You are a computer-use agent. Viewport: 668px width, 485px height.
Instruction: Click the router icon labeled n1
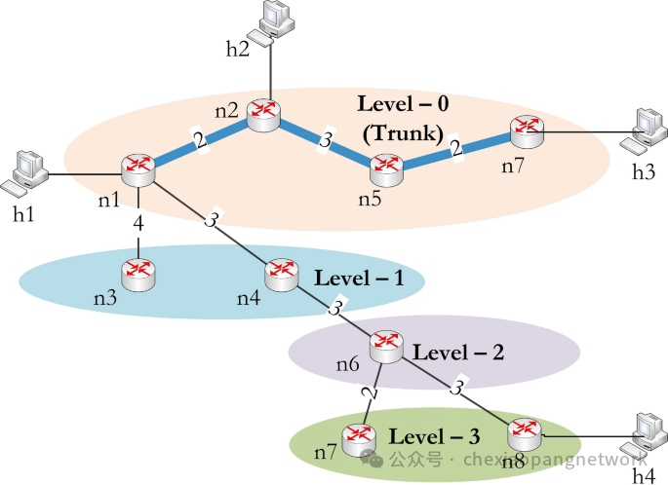[138, 169]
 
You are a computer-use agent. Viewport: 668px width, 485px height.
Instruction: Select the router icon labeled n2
[263, 116]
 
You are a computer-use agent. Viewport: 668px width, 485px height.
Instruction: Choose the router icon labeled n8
[524, 431]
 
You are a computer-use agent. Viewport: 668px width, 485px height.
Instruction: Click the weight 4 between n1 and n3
[138, 224]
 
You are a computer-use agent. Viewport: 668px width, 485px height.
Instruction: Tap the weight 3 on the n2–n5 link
[326, 142]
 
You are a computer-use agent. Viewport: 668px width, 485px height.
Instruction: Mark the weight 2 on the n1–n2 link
[200, 141]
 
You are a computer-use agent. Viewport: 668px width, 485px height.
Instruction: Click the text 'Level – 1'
[359, 279]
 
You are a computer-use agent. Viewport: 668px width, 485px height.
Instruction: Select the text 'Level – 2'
[458, 353]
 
